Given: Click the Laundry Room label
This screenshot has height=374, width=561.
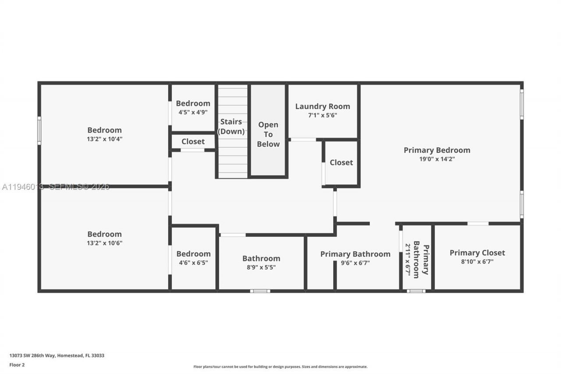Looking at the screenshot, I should pyautogui.click(x=323, y=106).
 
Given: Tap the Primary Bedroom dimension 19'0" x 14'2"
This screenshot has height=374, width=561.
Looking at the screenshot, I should pyautogui.click(x=437, y=159).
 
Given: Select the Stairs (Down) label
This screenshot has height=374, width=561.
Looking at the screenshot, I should pyautogui.click(x=231, y=126).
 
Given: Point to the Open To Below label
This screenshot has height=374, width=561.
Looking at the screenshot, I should pyautogui.click(x=268, y=134).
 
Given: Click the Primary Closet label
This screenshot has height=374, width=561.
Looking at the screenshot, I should pyautogui.click(x=477, y=253).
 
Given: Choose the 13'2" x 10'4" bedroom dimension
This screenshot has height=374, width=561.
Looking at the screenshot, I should pyautogui.click(x=104, y=139).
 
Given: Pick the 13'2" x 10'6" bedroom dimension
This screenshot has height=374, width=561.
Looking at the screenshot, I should pyautogui.click(x=104, y=243).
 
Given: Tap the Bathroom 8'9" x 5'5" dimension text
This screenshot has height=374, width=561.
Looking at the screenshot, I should pyautogui.click(x=261, y=267).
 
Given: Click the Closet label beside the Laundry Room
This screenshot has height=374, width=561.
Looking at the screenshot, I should pyautogui.click(x=341, y=162).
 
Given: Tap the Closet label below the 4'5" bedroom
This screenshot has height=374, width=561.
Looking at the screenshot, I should pyautogui.click(x=193, y=142).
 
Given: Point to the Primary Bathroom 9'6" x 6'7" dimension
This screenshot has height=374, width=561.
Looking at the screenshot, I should pyautogui.click(x=355, y=263).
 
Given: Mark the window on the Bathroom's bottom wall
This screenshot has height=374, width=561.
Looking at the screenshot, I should pyautogui.click(x=260, y=291).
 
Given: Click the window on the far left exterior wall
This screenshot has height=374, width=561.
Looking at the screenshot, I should pyautogui.click(x=39, y=130).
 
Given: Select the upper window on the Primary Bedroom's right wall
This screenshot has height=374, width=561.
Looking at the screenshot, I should pyautogui.click(x=522, y=104).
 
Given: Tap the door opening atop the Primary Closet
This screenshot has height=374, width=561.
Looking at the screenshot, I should pyautogui.click(x=478, y=224).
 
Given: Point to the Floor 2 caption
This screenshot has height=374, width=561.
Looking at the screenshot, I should pyautogui.click(x=17, y=364).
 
